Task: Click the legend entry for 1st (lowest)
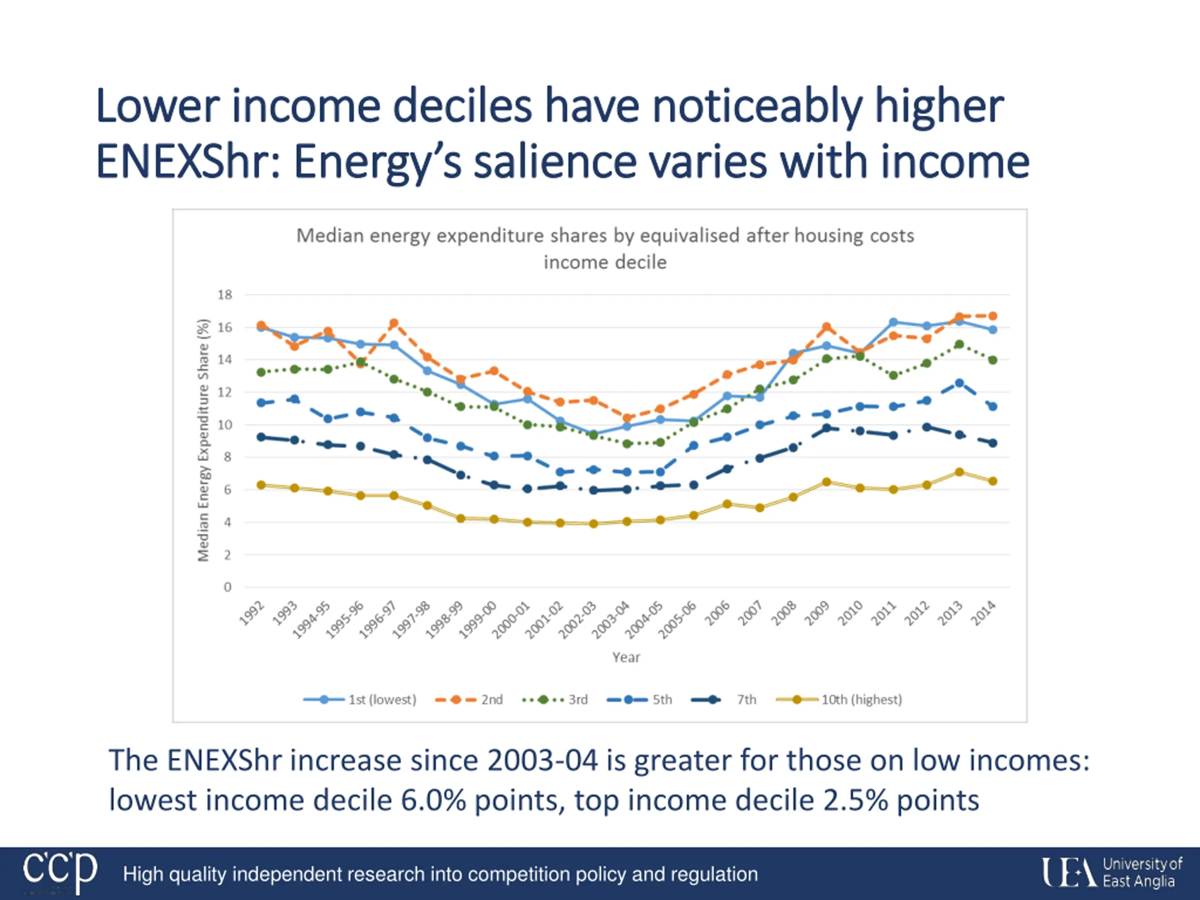pyautogui.click(x=360, y=699)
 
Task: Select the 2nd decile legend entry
pyautogui.click(x=469, y=699)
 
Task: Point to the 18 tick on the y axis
pyautogui.click(x=225, y=294)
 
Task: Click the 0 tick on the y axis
pyautogui.click(x=227, y=587)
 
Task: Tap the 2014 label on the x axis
pyautogui.click(x=984, y=614)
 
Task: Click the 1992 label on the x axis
pyautogui.click(x=252, y=614)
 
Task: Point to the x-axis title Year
pyautogui.click(x=626, y=657)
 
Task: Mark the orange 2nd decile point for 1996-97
pyautogui.click(x=394, y=323)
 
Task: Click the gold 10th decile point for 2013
pyautogui.click(x=959, y=472)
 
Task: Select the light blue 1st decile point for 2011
pyautogui.click(x=893, y=322)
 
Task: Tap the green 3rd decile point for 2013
pyautogui.click(x=959, y=345)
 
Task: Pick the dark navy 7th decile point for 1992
pyautogui.click(x=261, y=437)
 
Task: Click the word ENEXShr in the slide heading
pyautogui.click(x=187, y=162)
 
